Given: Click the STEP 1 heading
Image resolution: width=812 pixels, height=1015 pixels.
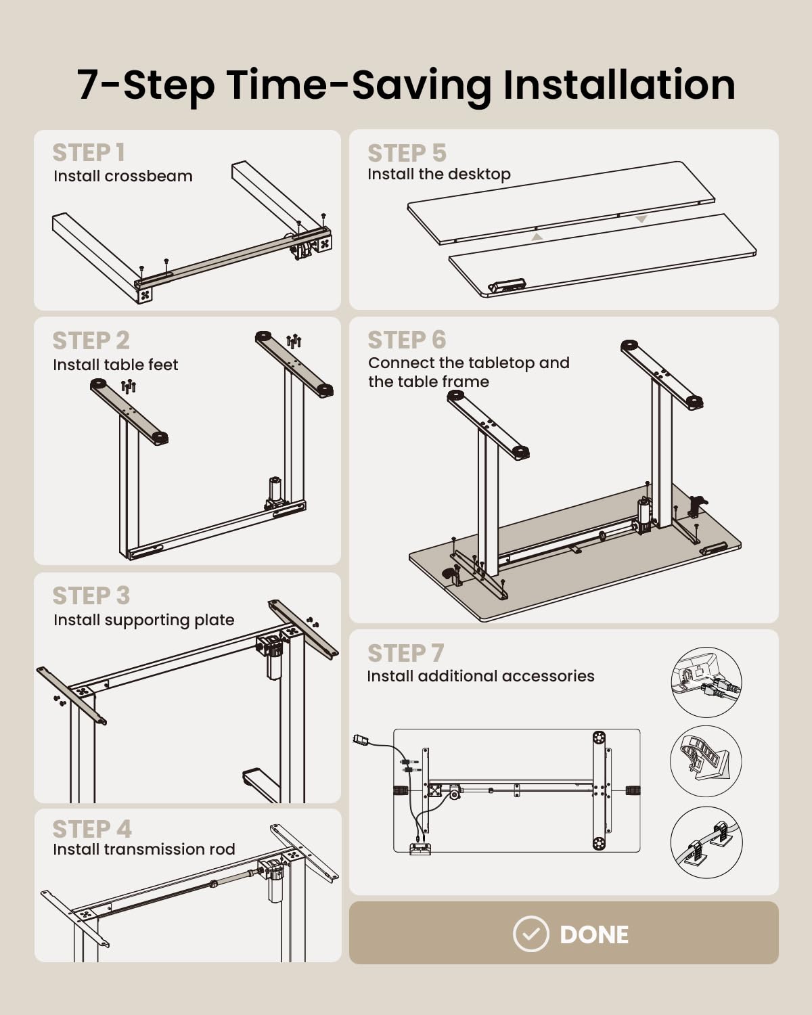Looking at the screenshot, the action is coord(89,152).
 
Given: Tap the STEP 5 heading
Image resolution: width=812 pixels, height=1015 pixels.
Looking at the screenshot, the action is coord(407,153).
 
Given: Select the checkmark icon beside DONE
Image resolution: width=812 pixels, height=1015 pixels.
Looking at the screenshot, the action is coord(531,934).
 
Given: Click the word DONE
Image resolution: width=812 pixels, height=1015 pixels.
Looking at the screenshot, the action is coord(594,934).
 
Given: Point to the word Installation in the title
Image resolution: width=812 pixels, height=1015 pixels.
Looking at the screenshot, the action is coord(619,85).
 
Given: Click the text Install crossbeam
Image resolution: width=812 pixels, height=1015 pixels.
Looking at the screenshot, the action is coord(122,176).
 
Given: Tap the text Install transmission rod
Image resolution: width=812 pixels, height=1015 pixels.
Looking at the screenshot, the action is coord(144,849).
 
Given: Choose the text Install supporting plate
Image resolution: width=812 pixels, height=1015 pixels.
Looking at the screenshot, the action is coord(144,620).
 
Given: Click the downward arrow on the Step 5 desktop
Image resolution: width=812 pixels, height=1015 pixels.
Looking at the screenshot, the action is coord(641,219).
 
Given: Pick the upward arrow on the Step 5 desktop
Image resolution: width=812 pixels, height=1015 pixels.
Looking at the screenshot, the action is coord(537,237).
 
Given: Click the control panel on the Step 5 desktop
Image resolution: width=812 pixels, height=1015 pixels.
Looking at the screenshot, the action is coord(507,286).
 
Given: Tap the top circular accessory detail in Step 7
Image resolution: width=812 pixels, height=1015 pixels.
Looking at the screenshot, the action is coord(706,682).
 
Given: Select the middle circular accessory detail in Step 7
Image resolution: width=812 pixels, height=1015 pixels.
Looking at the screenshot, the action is coord(706,761).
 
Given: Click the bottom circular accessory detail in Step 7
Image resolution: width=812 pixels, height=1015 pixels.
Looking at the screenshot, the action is coord(706,842).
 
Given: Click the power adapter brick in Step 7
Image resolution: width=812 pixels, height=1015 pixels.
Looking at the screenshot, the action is coord(362,740).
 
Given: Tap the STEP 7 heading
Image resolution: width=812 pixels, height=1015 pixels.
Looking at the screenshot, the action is coord(406,653).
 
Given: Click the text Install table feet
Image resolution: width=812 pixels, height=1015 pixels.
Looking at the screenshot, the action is coord(116,365).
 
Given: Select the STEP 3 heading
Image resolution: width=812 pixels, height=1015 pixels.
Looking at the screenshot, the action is coord(91,595).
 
